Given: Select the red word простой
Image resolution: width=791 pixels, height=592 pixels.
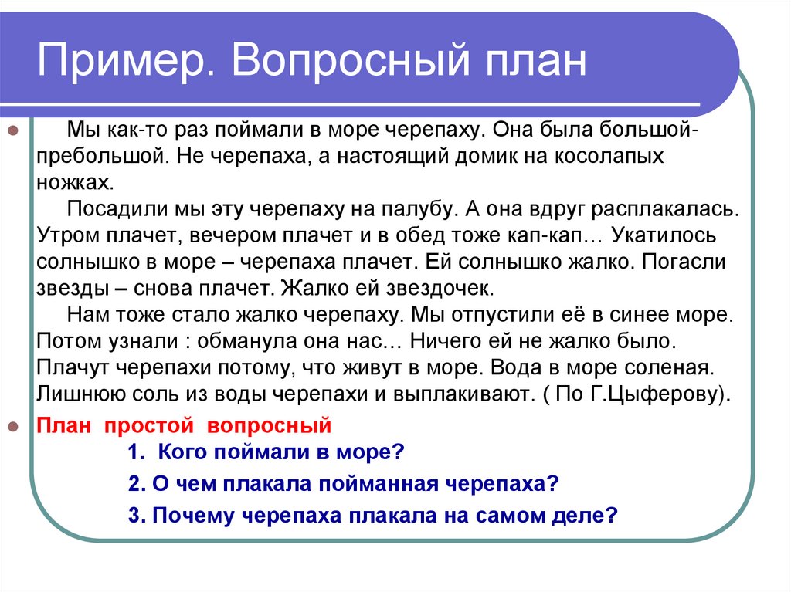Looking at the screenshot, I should (x=141, y=425).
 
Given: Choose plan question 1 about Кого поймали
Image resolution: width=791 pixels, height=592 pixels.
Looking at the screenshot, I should (x=266, y=452).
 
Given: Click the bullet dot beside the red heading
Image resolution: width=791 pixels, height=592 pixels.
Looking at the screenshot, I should (x=12, y=425).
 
